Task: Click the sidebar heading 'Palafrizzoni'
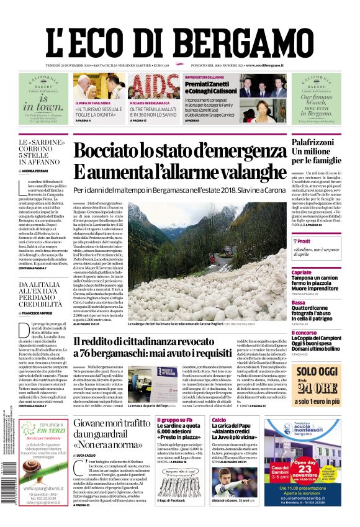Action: click(317, 144)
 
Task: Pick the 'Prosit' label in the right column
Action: click(304, 241)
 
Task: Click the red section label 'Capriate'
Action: click(302, 273)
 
